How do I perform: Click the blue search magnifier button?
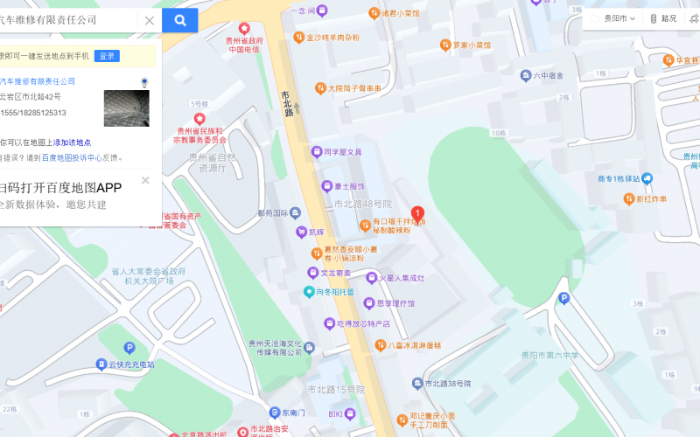(179, 20)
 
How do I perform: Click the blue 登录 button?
(107, 56)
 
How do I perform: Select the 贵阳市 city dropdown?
(614, 18)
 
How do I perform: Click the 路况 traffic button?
(664, 18)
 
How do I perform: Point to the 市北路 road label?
(286, 104)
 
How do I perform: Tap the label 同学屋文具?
(342, 152)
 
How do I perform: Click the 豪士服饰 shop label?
(348, 186)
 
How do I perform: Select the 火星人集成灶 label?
(401, 278)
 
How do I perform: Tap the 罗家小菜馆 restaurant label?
(471, 45)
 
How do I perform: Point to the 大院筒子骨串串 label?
(354, 88)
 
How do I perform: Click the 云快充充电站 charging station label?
(130, 364)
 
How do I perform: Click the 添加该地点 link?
(72, 142)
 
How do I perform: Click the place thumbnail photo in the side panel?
(127, 108)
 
